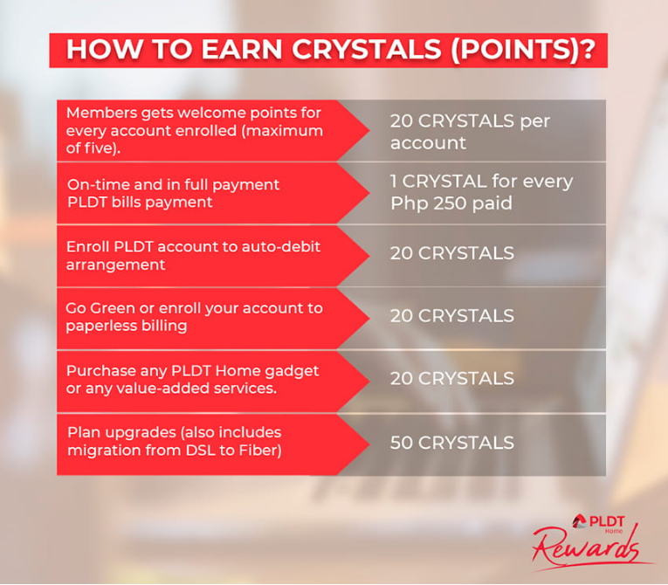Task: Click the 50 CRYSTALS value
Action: pyautogui.click(x=451, y=443)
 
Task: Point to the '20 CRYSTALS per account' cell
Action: pyautogui.click(x=470, y=131)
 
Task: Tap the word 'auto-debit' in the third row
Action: pyautogui.click(x=277, y=247)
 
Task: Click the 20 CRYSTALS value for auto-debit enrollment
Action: pyautogui.click(x=451, y=253)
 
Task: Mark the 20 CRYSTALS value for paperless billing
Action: pyautogui.click(x=451, y=315)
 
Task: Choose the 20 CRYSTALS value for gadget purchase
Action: pyautogui.click(x=451, y=378)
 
